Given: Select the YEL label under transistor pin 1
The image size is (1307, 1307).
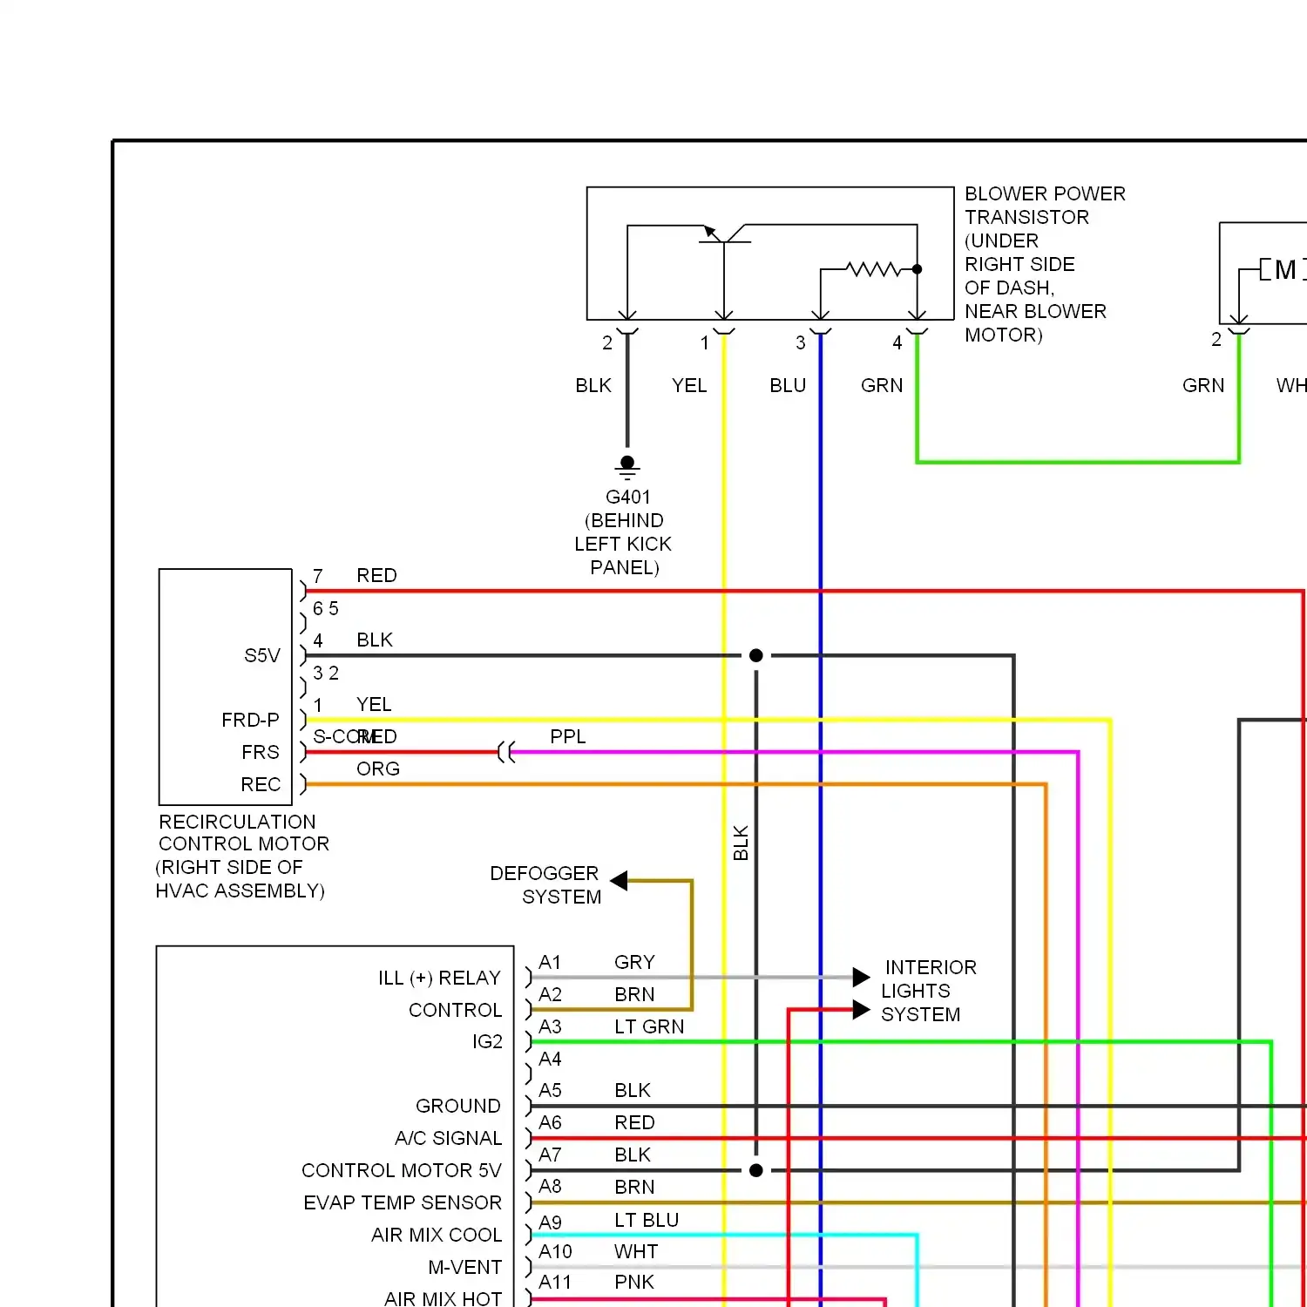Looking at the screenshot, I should (689, 385).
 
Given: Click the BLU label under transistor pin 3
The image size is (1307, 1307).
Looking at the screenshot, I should (788, 385).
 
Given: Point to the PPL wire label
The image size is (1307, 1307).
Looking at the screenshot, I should (568, 737).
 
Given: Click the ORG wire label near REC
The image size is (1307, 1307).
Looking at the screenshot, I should (378, 769).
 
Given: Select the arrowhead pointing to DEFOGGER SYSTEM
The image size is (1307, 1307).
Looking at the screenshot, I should (620, 881).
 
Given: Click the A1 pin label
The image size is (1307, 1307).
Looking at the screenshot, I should (550, 962).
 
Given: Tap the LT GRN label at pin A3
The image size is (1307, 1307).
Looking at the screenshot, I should (649, 1026).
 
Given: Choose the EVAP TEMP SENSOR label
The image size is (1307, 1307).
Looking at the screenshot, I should (403, 1202).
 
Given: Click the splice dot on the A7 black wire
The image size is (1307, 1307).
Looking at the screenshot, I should (756, 1170).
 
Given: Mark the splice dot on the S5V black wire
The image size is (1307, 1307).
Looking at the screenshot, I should (756, 655).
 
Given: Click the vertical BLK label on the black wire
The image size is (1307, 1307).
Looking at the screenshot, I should (741, 843).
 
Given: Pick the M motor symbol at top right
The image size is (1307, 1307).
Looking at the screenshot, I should (1284, 270).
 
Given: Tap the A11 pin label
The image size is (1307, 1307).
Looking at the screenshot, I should (555, 1282).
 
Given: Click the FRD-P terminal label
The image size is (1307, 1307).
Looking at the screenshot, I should (250, 720).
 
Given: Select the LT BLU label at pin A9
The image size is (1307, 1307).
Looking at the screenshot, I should (647, 1220).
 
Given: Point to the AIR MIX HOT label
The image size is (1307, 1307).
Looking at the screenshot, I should (443, 1298).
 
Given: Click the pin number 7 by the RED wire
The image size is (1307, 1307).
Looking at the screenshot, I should (318, 576).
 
